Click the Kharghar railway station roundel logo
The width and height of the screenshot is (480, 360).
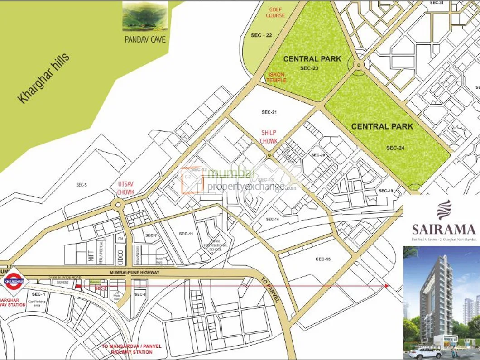point(14,281)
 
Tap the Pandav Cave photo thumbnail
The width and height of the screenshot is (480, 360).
point(145,17)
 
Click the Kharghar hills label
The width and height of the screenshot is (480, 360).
point(44,78)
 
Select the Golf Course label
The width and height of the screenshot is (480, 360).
point(275,12)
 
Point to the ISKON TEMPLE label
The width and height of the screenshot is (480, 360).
point(276,77)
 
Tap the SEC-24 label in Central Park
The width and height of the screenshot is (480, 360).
point(395,148)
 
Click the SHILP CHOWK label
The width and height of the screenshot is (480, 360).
point(268,137)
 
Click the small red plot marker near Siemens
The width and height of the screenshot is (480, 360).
point(78,286)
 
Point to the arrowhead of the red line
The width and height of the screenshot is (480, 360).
point(386,286)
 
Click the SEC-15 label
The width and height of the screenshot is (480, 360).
point(323,259)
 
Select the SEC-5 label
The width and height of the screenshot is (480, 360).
point(81,185)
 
